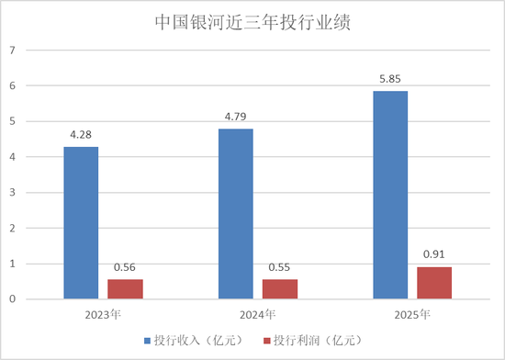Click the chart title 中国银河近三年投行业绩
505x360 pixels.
(252, 23)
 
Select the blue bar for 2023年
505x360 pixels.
(81, 223)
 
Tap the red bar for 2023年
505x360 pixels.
(125, 289)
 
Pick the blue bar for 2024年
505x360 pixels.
(236, 214)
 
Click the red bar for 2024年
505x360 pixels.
(280, 289)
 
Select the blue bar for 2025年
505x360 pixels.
(390, 195)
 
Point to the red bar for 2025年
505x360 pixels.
(434, 283)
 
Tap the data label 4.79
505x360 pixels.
(236, 118)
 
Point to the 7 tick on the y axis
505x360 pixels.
(13, 51)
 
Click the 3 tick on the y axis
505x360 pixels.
(13, 193)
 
